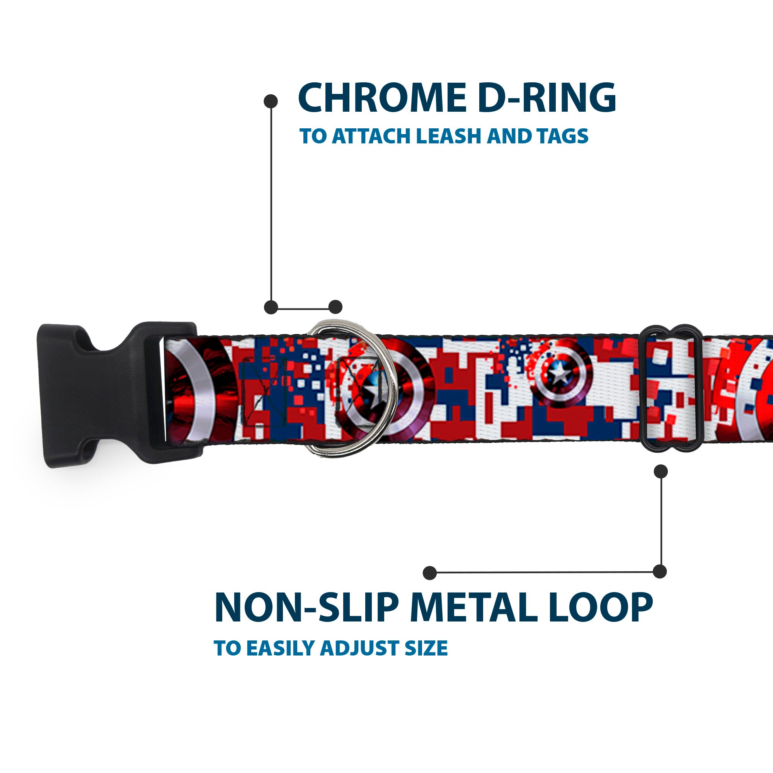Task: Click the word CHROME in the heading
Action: [382, 98]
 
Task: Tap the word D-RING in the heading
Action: [547, 98]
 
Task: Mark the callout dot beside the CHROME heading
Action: [271, 101]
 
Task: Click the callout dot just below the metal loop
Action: [661, 471]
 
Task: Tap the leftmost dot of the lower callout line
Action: [430, 573]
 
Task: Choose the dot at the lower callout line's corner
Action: [660, 571]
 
